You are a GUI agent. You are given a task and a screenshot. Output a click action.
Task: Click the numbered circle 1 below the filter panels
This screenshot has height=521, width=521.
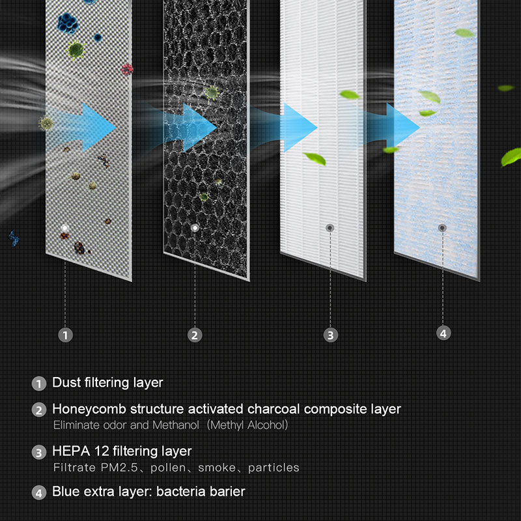pos(65,335)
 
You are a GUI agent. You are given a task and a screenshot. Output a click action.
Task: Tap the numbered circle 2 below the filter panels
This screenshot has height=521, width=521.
pos(195,335)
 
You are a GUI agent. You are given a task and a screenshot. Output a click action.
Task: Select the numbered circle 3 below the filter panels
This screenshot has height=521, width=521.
pos(331,335)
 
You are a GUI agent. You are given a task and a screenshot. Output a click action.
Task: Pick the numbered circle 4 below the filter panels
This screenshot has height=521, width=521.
pos(444,333)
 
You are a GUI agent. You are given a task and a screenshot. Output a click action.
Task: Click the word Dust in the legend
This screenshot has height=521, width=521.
pos(66,382)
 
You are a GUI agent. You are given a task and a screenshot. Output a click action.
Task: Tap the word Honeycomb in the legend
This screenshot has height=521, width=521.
pos(89,410)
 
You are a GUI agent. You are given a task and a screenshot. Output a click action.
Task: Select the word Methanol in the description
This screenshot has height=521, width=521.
pos(176,425)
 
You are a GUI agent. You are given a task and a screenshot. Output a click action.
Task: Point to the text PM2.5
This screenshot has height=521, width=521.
pos(119,468)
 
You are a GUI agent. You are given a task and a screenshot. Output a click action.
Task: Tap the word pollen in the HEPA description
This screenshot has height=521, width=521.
pos(168,468)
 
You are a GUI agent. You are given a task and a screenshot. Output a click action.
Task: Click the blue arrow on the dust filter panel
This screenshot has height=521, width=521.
pos(81,128)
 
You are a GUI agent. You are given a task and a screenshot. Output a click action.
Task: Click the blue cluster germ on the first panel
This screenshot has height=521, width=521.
pos(68,23)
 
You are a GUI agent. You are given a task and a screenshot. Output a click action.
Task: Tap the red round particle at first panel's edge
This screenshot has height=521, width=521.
pos(127,69)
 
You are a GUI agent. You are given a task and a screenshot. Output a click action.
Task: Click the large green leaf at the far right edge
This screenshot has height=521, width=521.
pos(512,157)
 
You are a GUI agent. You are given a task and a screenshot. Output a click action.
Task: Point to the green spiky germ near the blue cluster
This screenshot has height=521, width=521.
pos(76,50)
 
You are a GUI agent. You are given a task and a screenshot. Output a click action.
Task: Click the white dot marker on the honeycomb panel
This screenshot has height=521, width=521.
pos(195,228)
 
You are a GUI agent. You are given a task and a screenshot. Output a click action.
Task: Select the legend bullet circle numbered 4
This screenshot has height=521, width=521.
pos(39,493)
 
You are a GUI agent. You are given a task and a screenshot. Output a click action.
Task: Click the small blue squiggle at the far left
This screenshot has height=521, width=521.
pos(14,238)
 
